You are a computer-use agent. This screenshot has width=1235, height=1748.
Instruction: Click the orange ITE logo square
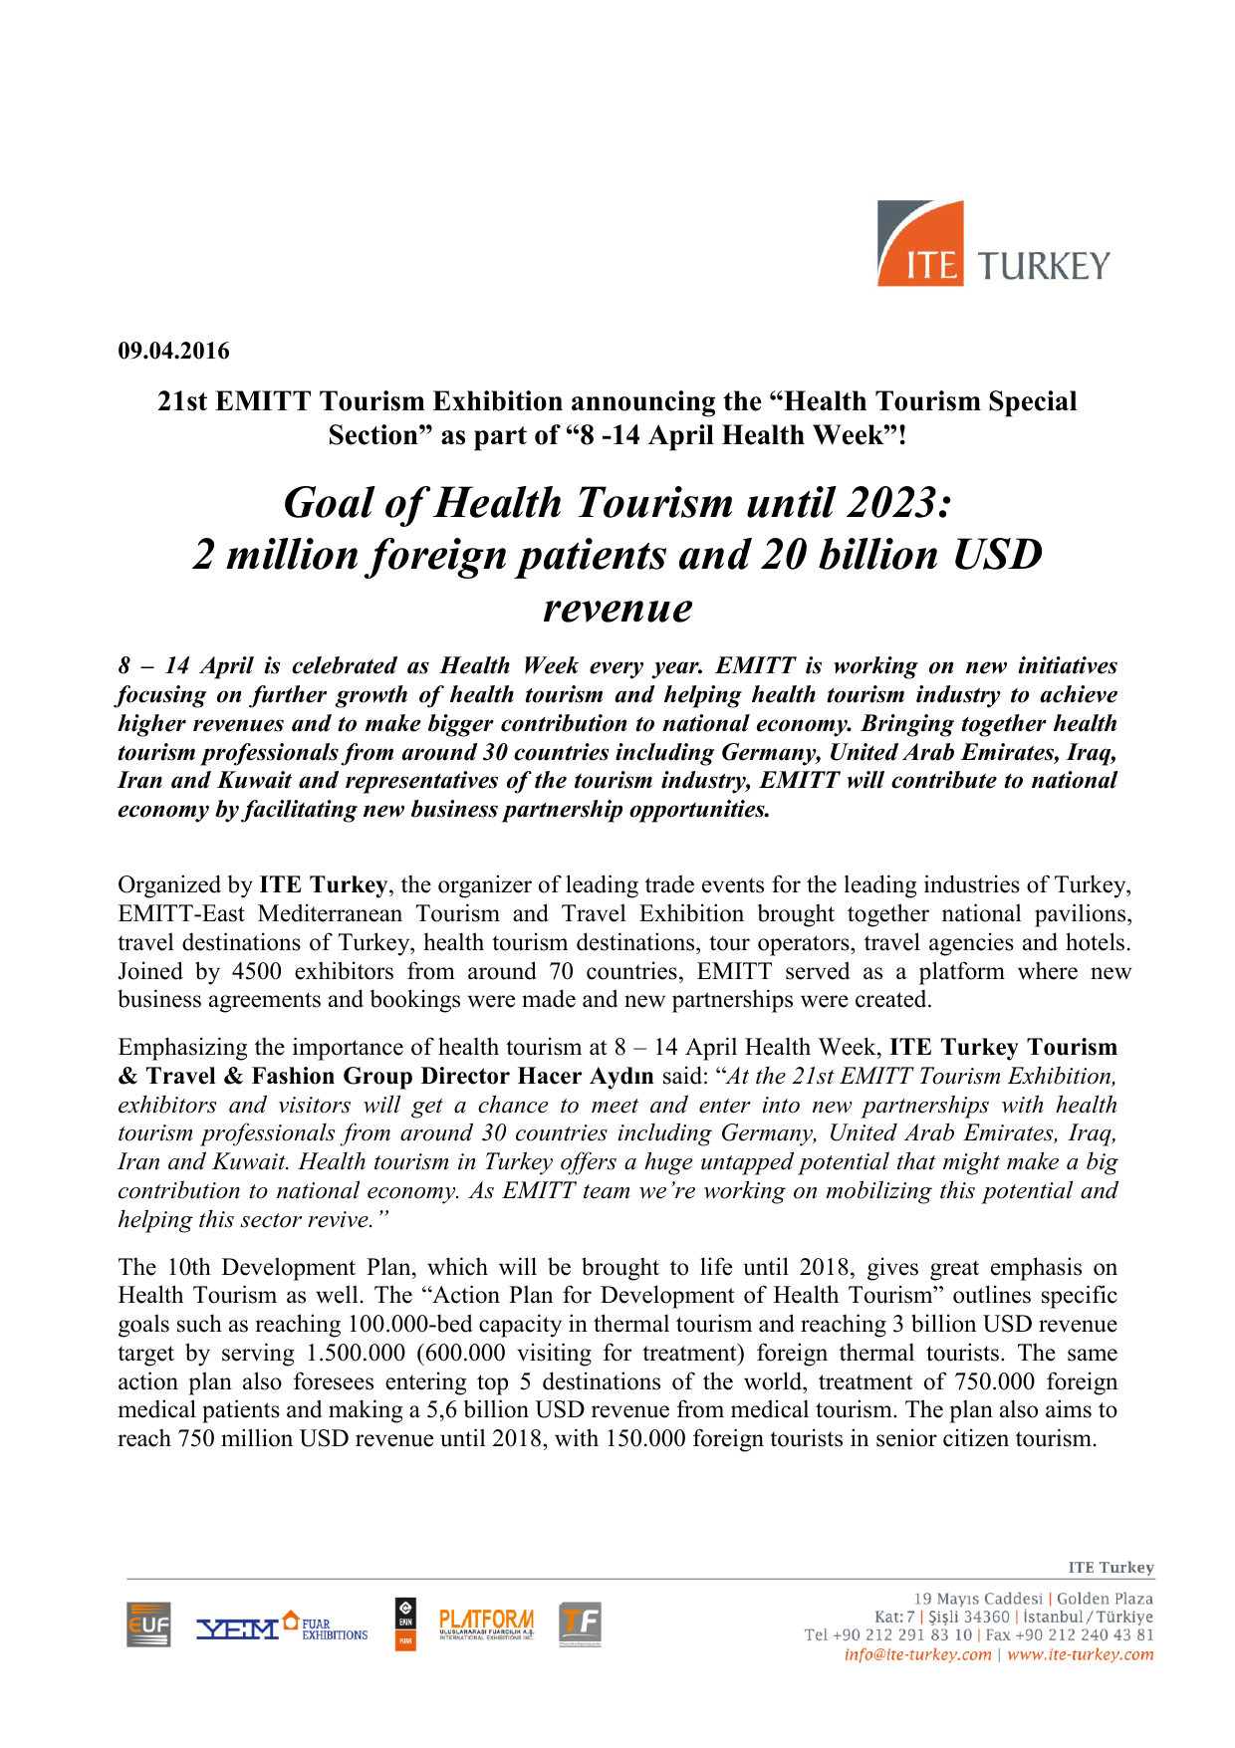click(920, 244)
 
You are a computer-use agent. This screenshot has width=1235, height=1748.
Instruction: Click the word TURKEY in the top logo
click(1043, 266)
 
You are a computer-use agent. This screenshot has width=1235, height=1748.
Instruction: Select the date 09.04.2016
click(173, 351)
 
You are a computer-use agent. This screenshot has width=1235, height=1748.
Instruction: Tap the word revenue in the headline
click(617, 608)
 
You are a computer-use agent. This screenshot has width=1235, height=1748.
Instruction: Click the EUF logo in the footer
click(148, 1624)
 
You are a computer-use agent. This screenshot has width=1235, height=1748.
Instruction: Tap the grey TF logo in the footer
click(580, 1623)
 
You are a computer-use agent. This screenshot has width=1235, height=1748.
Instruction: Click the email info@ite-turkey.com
click(917, 1654)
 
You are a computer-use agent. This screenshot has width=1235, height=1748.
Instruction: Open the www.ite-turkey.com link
click(1080, 1654)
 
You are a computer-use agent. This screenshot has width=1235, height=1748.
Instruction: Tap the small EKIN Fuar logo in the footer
click(405, 1624)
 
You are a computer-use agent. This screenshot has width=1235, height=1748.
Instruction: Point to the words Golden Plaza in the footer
click(1105, 1599)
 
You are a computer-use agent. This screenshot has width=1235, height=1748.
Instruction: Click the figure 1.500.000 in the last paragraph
click(357, 1354)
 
